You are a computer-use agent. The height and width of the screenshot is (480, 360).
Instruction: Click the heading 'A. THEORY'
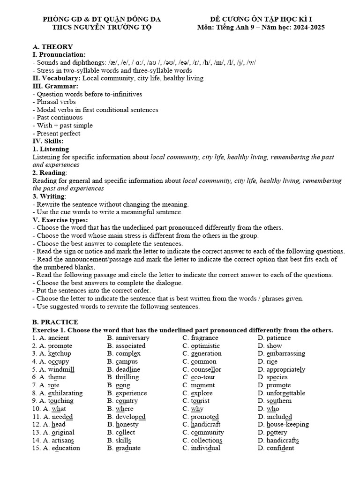pos(52,46)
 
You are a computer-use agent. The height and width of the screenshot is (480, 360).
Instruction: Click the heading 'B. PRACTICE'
pos(55,322)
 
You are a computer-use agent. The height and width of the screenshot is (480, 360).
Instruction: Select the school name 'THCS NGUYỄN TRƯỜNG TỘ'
pos(102,27)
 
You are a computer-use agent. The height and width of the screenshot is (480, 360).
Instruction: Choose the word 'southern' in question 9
pos(279,401)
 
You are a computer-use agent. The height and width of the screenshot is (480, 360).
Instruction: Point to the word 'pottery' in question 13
pos(277,432)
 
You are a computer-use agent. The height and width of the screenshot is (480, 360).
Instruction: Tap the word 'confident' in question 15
pos(280,448)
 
